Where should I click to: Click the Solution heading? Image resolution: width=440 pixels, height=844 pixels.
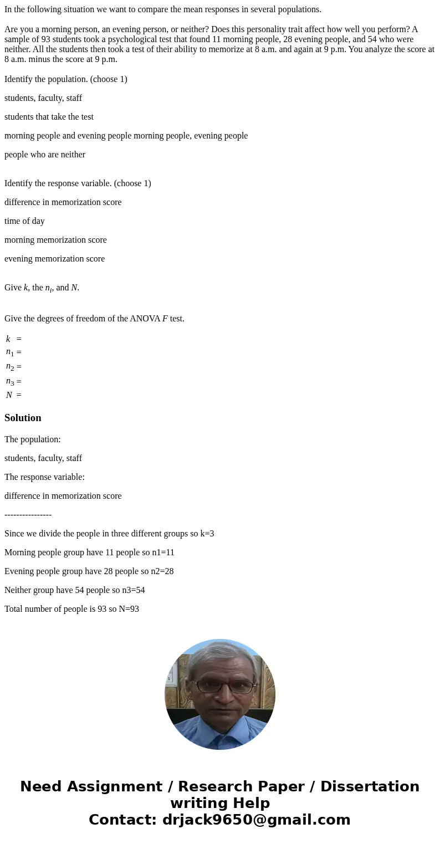pos(23,418)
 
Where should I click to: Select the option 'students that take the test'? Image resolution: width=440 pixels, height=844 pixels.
pos(49,117)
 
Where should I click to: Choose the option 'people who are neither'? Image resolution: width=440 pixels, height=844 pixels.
pos(45,155)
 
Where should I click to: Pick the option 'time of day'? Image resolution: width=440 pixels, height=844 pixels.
pos(24,221)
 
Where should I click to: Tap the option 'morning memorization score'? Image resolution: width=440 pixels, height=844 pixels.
pos(55,240)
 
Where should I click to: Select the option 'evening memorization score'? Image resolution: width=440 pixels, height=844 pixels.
pos(54,259)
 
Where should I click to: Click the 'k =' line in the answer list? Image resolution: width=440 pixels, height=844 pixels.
pos(14,339)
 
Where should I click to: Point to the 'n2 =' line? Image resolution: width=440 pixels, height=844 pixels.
pos(14,367)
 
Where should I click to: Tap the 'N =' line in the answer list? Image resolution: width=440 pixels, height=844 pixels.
pos(14,395)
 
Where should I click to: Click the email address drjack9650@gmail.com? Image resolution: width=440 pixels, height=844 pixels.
pos(256,820)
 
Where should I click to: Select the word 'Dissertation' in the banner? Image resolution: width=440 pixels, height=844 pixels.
pos(370,787)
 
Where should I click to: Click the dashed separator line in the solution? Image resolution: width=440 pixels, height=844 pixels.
pos(28,515)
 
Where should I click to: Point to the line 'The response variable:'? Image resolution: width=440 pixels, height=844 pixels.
pos(44,477)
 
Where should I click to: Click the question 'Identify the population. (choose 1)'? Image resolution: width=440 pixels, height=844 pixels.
pos(66,79)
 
